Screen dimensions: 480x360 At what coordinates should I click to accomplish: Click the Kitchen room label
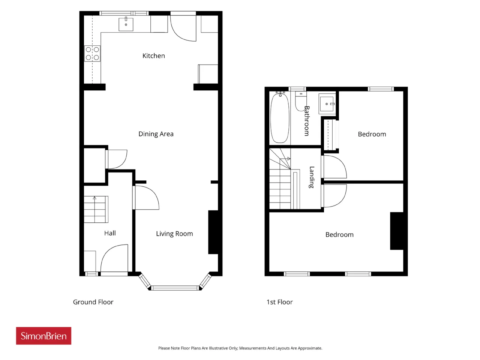pos(153,56)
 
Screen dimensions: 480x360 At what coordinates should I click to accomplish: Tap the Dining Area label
pos(156,134)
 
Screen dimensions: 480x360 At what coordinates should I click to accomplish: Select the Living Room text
pos(174,234)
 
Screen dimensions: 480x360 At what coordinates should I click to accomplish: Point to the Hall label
pos(110,233)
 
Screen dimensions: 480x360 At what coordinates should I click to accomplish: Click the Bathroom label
pos(307,121)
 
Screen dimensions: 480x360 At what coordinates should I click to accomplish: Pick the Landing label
pos(312,177)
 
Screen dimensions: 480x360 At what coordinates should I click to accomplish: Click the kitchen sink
pos(126,24)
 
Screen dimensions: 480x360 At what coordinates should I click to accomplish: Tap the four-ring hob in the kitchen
pos(92,53)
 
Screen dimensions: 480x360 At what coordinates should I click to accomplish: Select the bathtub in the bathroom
pos(280,118)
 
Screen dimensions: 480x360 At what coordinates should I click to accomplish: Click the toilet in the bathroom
pos(300,101)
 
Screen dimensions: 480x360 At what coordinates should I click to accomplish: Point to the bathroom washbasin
pos(327,104)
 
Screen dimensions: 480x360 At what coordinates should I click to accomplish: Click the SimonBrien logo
pos(43,336)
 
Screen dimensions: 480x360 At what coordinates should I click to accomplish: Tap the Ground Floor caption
pos(93,302)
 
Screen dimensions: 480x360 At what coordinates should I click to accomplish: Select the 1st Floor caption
pos(279,302)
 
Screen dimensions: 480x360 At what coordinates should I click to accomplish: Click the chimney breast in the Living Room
pos(213,232)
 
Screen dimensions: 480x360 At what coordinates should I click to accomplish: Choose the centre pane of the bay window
pos(175,288)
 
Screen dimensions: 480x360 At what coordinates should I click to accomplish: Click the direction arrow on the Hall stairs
pos(94,198)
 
